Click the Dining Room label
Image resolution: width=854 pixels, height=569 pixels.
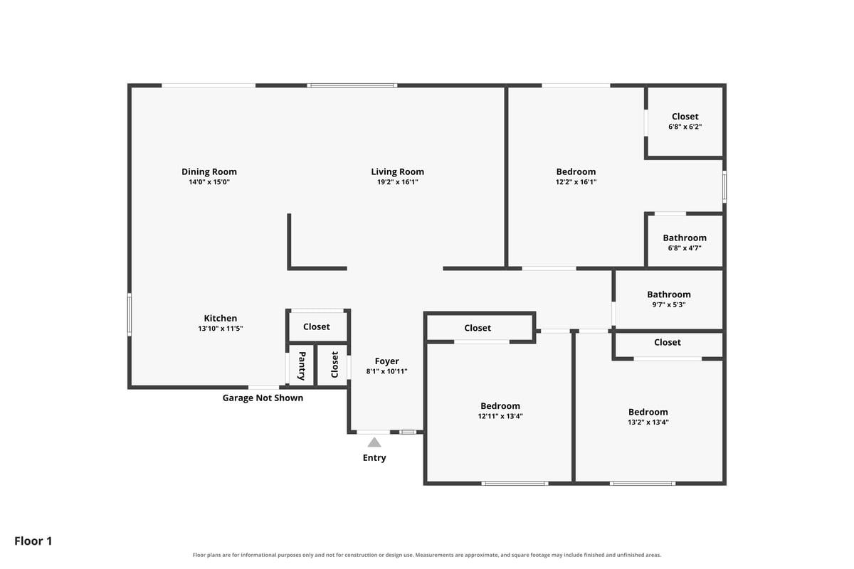[209, 172]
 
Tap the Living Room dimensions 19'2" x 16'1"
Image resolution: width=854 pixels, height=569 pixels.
[398, 182]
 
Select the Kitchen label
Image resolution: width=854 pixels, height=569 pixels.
[221, 318]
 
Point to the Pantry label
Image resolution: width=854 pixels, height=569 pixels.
[302, 366]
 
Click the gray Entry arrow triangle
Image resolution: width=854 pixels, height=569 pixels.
[374, 442]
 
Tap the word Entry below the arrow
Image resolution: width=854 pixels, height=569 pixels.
[374, 458]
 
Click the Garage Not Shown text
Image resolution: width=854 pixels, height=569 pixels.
[263, 398]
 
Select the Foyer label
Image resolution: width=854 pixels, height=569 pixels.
[386, 361]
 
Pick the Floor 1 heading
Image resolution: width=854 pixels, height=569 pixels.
[33, 541]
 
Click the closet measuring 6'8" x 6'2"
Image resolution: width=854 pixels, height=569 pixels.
[685, 121]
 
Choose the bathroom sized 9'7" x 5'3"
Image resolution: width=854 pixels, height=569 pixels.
[669, 299]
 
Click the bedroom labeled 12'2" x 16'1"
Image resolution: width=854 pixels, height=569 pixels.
[576, 176]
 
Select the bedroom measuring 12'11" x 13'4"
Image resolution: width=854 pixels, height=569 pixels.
[500, 410]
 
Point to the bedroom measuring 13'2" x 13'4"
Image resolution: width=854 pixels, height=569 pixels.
[648, 417]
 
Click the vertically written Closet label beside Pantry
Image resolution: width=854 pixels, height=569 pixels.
[334, 365]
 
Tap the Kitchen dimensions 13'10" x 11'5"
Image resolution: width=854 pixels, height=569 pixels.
[221, 329]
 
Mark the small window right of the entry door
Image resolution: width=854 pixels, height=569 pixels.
[408, 432]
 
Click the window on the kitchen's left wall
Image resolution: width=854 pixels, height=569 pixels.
[130, 314]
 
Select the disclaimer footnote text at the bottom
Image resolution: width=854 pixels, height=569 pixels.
[427, 555]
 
